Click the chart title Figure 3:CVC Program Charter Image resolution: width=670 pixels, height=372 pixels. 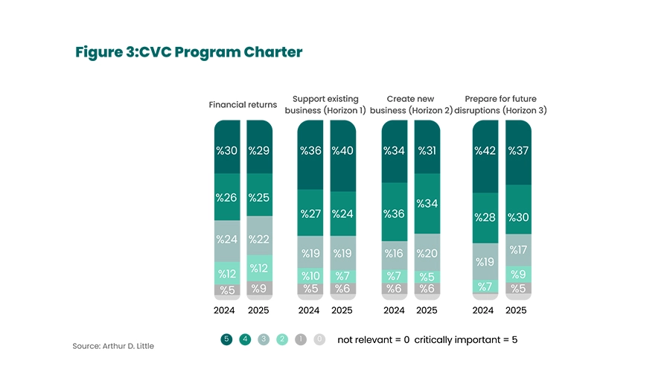click(x=189, y=52)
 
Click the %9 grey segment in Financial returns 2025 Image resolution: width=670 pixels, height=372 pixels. click(x=259, y=289)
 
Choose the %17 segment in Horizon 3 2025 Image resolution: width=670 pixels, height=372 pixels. click(x=518, y=250)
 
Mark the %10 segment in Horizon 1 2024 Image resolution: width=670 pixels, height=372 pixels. click(x=310, y=276)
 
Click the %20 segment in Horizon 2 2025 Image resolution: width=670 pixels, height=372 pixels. click(x=427, y=253)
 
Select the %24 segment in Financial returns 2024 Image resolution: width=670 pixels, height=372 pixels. click(x=226, y=240)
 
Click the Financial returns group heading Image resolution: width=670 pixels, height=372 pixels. click(x=243, y=105)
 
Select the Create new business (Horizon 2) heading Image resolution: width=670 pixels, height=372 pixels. click(x=411, y=105)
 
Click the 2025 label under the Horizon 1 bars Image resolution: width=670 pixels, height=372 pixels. click(x=342, y=310)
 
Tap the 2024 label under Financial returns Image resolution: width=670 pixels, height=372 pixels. click(x=226, y=310)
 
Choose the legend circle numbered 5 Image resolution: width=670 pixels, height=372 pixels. click(x=226, y=339)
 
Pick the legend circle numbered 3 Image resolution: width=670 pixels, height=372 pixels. click(x=264, y=339)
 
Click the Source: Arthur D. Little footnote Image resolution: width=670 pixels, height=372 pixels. click(x=114, y=346)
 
